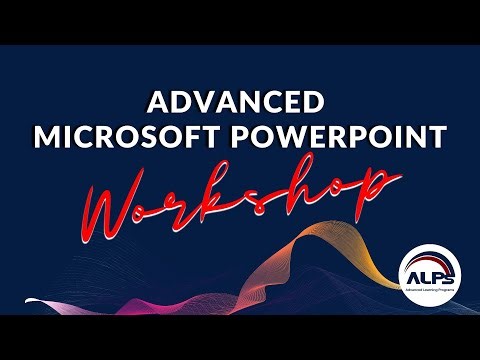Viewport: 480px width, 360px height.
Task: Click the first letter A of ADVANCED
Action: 158,103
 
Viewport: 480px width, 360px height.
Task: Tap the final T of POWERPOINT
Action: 436,136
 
